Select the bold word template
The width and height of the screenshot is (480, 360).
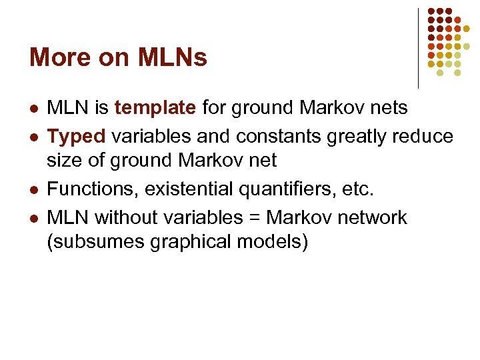pyautogui.click(x=155, y=107)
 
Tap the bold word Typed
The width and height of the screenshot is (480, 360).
pyautogui.click(x=77, y=137)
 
